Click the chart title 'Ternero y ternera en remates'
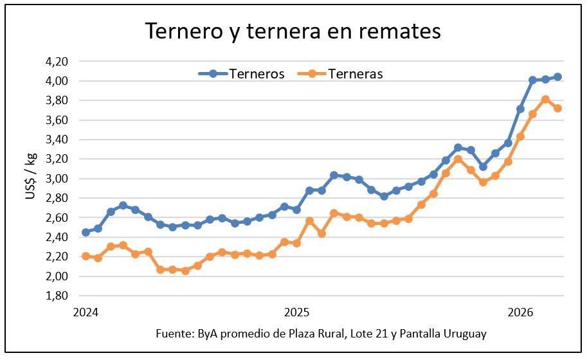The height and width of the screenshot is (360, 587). point(293,31)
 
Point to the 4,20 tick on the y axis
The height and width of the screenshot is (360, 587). point(57,62)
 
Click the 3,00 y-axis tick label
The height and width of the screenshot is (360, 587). point(57,179)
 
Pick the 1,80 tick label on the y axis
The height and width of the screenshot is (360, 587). point(57,296)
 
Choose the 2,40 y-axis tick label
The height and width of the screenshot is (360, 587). point(57,237)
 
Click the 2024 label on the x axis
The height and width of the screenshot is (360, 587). point(86,313)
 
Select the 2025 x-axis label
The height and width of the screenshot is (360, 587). point(296,313)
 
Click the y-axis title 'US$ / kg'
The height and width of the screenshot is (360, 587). point(32,176)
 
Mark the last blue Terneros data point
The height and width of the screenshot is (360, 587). point(557,77)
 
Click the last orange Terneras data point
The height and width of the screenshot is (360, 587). point(557,108)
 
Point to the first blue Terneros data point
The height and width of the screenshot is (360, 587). point(86,232)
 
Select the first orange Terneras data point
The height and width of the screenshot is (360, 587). point(86,256)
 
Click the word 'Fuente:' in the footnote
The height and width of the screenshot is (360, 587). point(173,334)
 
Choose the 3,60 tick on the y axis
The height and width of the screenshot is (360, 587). point(57,120)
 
